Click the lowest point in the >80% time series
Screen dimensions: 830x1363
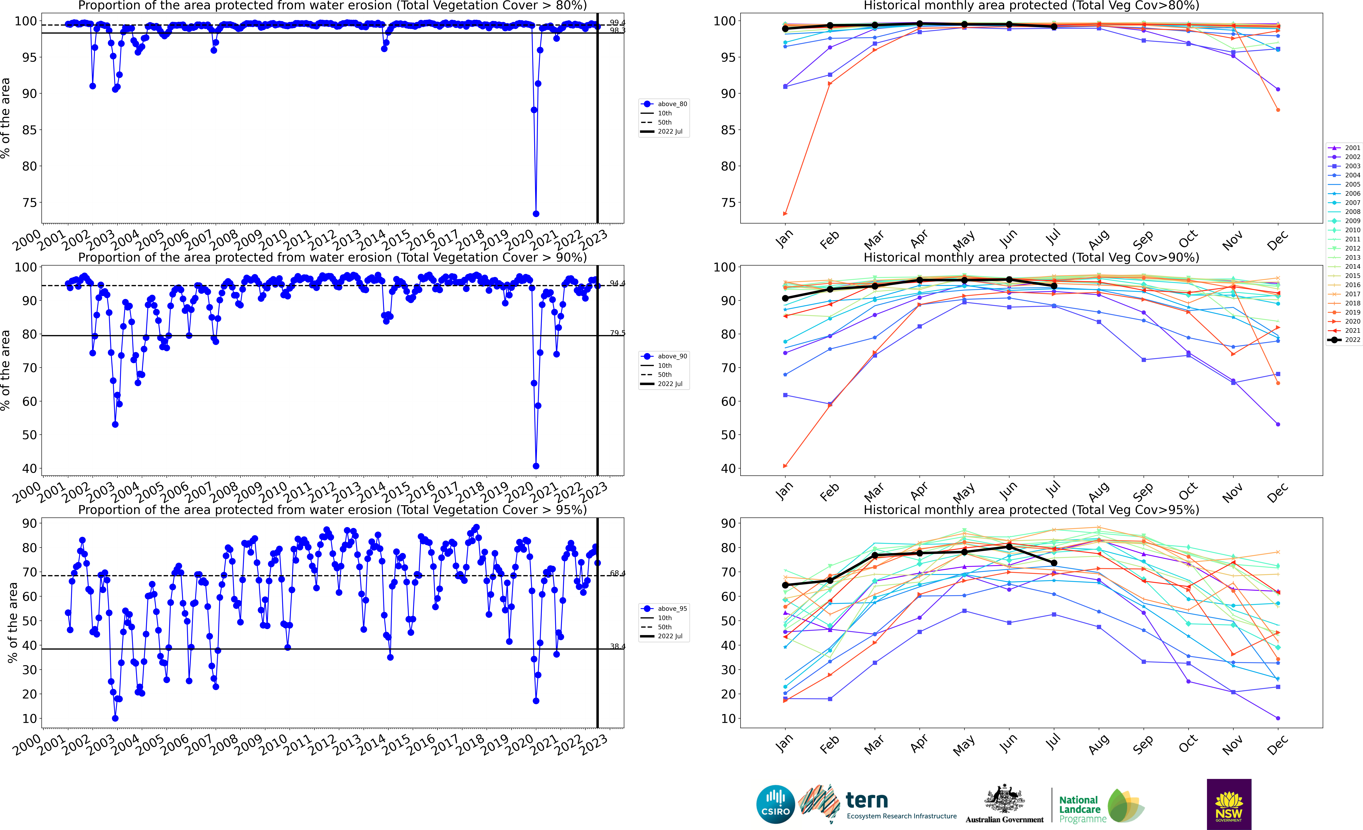(535, 214)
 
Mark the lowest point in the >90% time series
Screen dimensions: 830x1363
(535, 466)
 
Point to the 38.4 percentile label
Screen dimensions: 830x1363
(617, 646)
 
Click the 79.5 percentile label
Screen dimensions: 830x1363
(617, 333)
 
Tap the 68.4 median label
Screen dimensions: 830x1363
(617, 573)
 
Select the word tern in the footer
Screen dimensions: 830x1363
(867, 800)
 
